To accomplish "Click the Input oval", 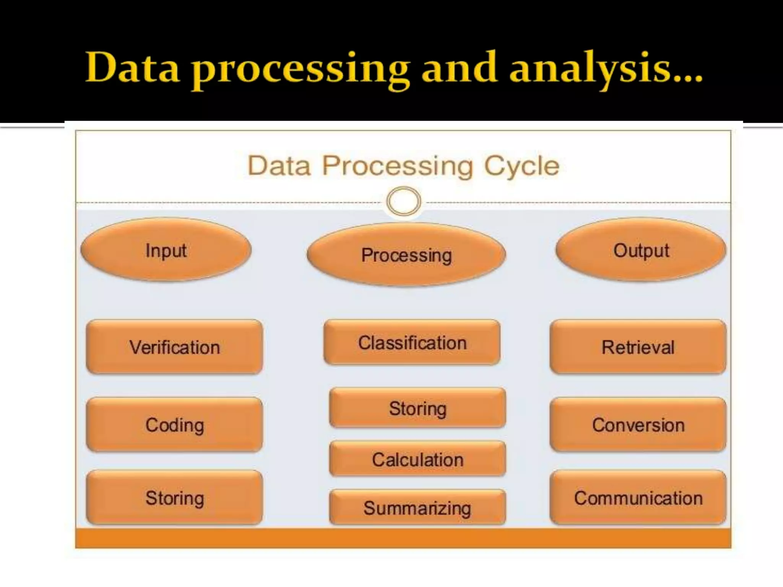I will (166, 250).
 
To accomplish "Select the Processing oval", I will (406, 255).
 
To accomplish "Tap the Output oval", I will (641, 250).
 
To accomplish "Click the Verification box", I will (175, 347).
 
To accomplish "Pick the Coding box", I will (175, 425).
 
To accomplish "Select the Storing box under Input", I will (175, 498).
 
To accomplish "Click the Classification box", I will (412, 342).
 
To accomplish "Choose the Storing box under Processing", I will (417, 408).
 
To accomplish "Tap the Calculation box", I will (417, 459).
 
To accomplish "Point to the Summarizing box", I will (417, 508).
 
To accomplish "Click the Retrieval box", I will (638, 347).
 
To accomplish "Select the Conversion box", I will (638, 425).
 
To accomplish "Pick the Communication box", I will (638, 498).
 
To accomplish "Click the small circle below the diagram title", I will (404, 201).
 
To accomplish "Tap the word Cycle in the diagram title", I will (521, 166).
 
